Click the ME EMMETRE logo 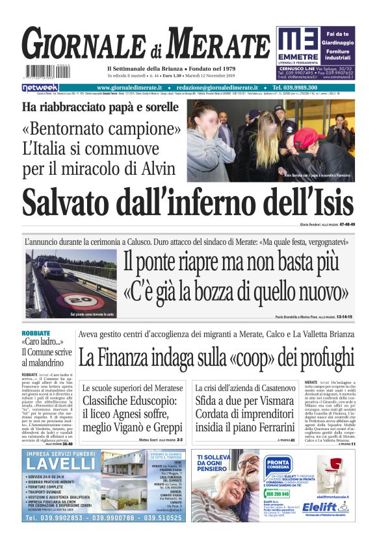301,45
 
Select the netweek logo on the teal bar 40,88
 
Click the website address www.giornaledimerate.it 131,88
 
